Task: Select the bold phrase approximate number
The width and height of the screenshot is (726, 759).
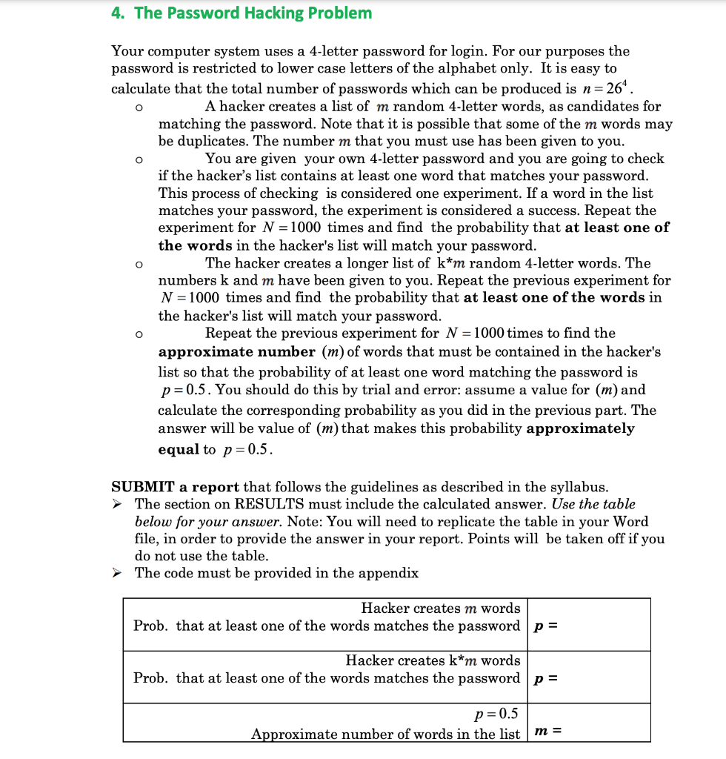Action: coord(237,351)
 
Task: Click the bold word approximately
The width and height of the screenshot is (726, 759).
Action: coord(580,428)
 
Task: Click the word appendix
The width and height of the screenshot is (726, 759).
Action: coord(390,573)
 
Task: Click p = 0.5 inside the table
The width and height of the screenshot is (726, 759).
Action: coord(496,715)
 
